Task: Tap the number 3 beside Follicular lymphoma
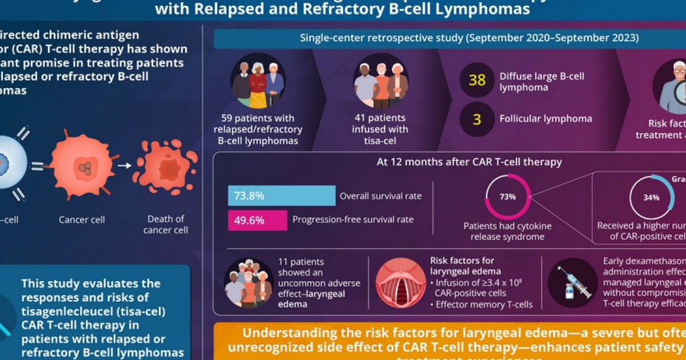click(477, 119)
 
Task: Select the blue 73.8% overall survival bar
click(281, 195)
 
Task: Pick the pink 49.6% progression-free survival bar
click(257, 220)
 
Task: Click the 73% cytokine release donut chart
click(508, 197)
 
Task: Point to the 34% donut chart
click(652, 197)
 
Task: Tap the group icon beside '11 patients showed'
click(249, 283)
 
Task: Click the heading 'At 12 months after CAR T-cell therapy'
click(469, 162)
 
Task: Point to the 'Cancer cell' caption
click(82, 219)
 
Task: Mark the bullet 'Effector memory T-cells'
click(483, 304)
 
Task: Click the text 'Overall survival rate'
click(381, 196)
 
